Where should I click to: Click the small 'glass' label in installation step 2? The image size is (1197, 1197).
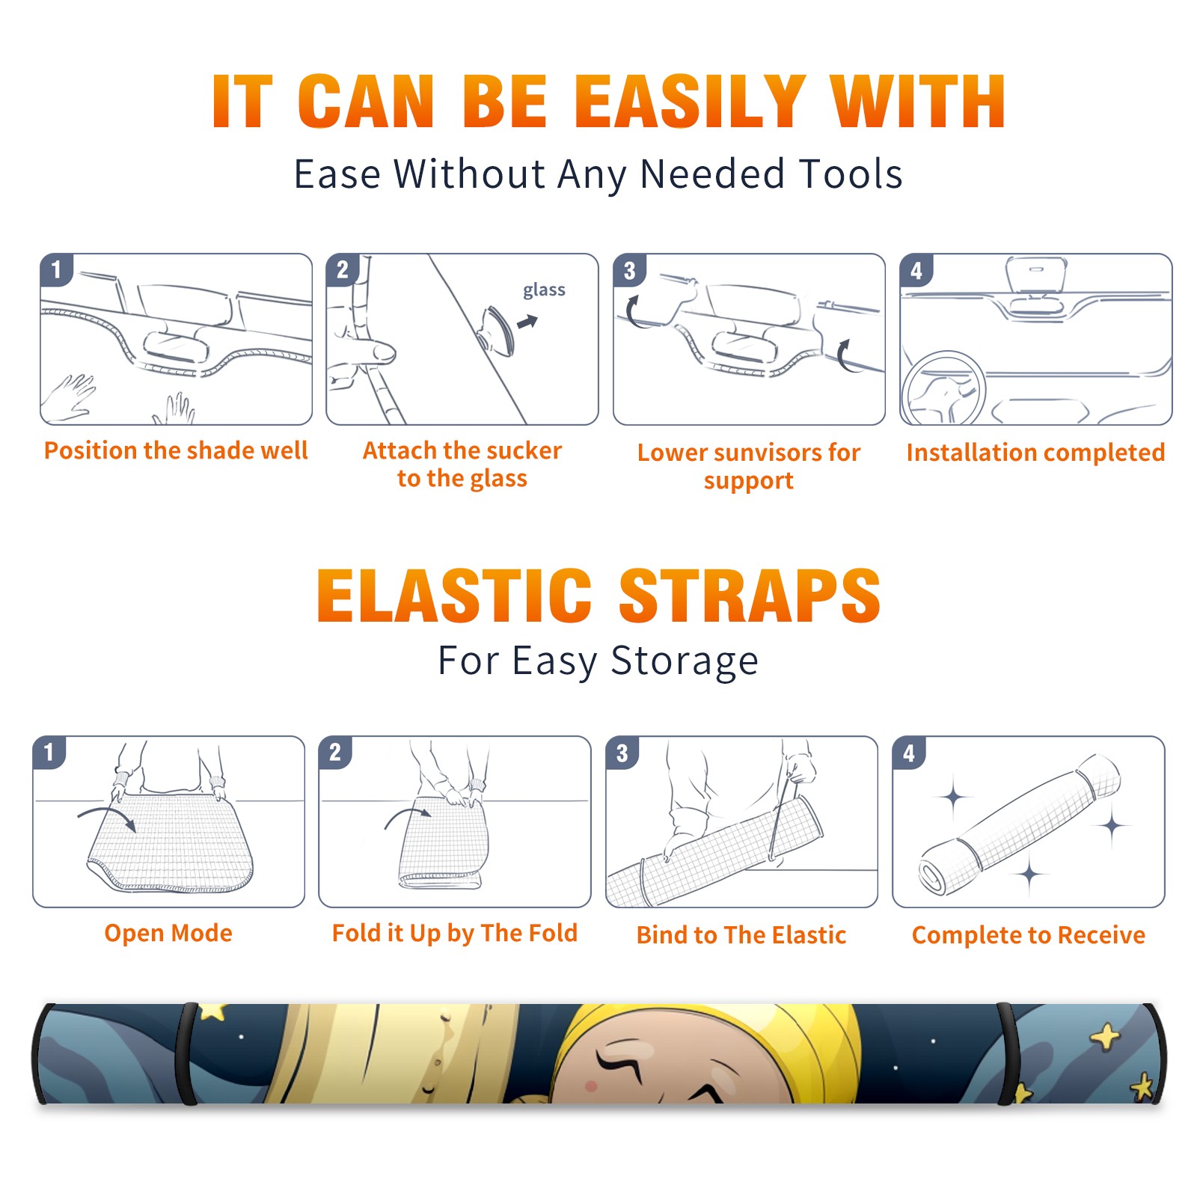pos(544,290)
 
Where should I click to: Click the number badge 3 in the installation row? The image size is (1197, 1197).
pos(629,270)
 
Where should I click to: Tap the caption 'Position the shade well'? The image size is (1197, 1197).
pos(176,450)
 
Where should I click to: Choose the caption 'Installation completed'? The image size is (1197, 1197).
pos(1035,452)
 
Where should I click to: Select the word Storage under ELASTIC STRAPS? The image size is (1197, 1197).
pos(685,661)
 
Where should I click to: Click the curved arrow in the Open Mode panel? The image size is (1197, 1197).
pos(107,818)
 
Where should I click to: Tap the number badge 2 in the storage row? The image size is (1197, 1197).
pos(335,752)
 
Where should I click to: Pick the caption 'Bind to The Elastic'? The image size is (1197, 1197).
pos(741,935)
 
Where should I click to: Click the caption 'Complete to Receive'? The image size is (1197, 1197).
pos(1029,935)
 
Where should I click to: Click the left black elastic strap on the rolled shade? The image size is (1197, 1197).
pos(187,1053)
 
